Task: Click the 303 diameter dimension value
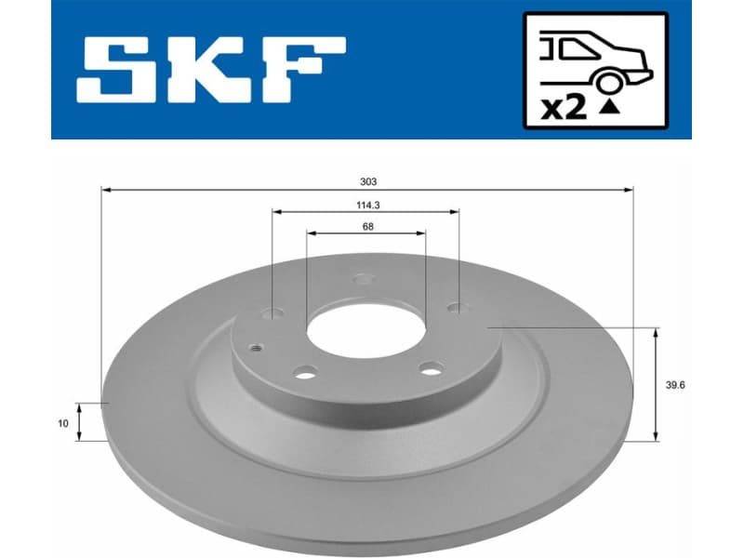(x=367, y=181)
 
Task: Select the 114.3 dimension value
(x=365, y=206)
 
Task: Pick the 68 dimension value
(x=366, y=226)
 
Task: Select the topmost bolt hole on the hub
(x=365, y=278)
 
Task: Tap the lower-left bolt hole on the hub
(x=303, y=373)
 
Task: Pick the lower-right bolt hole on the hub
(x=430, y=368)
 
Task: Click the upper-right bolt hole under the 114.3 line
(x=455, y=307)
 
